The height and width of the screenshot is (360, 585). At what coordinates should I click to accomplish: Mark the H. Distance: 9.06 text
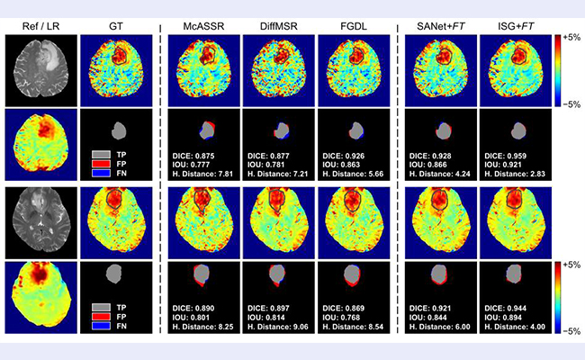coord(277,328)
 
